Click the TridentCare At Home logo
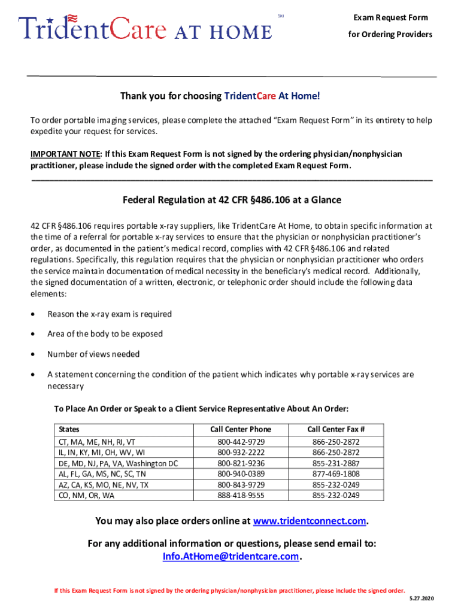pos(145,28)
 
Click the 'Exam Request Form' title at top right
pos(390,18)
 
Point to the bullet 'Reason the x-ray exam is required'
pos(110,314)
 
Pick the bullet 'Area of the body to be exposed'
pos(105,334)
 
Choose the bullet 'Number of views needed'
pos(93,354)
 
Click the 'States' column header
pos(69,429)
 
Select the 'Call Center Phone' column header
pos(241,429)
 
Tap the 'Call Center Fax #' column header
pos(336,429)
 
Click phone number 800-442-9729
pos(241,442)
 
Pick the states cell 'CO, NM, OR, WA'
pos(87,496)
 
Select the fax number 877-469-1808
pos(336,474)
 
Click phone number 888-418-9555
pos(241,496)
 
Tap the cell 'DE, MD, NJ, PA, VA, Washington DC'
pos(118,463)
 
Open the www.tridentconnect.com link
pos(310,521)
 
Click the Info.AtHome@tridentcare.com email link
pos(230,557)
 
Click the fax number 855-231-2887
pos(336,463)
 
